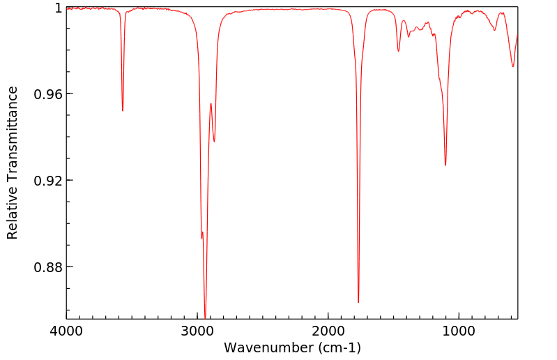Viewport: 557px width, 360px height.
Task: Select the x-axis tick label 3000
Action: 197,332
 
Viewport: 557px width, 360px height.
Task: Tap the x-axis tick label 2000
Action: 328,332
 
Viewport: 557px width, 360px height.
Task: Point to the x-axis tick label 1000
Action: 459,332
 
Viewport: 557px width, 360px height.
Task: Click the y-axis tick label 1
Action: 59,8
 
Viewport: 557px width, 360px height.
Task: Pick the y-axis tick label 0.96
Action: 49,94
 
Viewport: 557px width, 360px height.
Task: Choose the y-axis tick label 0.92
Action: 49,181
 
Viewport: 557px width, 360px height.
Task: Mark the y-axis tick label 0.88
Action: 49,267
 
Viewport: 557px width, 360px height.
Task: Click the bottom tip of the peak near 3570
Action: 123,110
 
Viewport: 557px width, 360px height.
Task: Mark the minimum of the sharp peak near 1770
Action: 358,302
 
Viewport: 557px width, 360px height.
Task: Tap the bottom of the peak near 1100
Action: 445,165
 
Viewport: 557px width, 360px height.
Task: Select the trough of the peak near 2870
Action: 214,142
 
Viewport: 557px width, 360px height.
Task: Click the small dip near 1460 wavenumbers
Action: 399,51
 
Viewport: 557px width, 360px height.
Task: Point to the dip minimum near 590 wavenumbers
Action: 513,66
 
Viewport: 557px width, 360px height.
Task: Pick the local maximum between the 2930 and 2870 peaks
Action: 211,103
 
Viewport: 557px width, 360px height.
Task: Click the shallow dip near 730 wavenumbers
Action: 495,30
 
